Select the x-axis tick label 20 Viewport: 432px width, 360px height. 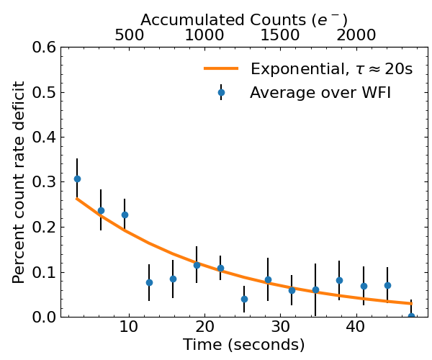tap(204, 328)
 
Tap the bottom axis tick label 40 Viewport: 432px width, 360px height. tap(355, 328)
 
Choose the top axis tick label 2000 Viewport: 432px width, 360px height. tap(356, 35)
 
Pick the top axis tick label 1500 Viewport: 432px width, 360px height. tap(280, 35)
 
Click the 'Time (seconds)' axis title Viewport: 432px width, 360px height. tap(243, 346)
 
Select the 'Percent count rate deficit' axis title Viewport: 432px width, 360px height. tap(19, 181)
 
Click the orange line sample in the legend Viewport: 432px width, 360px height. tap(222, 69)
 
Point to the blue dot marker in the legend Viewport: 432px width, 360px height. tap(222, 92)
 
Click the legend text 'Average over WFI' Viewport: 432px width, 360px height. tap(320, 92)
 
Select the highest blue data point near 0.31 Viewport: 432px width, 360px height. tap(77, 179)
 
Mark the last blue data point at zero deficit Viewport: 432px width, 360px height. tap(411, 316)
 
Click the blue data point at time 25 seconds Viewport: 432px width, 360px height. tap(244, 299)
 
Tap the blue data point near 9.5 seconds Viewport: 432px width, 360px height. tap(125, 215)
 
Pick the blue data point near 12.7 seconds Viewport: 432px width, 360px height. tap(149, 282)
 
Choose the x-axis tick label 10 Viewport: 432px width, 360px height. tap(129, 328)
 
